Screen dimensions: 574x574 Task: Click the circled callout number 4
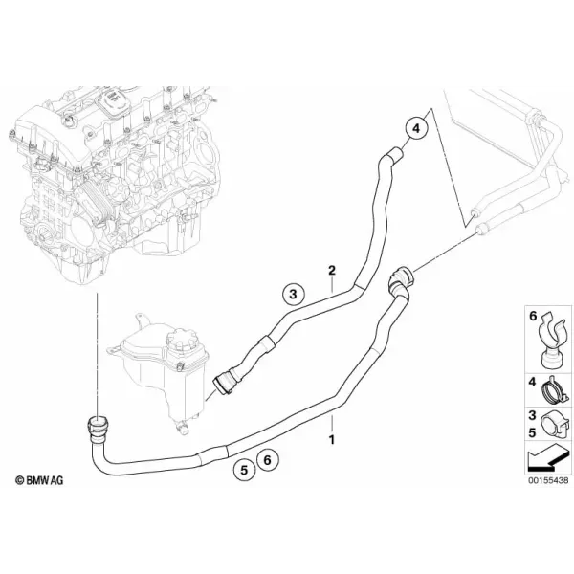[x=416, y=128]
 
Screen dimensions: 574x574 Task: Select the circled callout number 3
[x=294, y=294]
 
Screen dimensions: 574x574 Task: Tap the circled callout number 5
[x=244, y=470]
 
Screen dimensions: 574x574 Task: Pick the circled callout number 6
[x=268, y=460]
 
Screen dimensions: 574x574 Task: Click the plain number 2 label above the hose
[x=332, y=271]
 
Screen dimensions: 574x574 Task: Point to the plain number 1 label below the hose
[x=332, y=440]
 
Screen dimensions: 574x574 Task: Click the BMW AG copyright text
[x=39, y=480]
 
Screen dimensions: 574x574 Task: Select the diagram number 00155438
[x=548, y=480]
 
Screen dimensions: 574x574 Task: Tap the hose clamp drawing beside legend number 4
[x=555, y=390]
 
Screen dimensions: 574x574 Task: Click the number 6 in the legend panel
[x=533, y=316]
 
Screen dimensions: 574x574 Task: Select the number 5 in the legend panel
[x=532, y=432]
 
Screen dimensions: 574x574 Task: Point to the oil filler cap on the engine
[x=112, y=99]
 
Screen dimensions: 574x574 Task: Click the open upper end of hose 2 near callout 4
[x=395, y=154]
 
